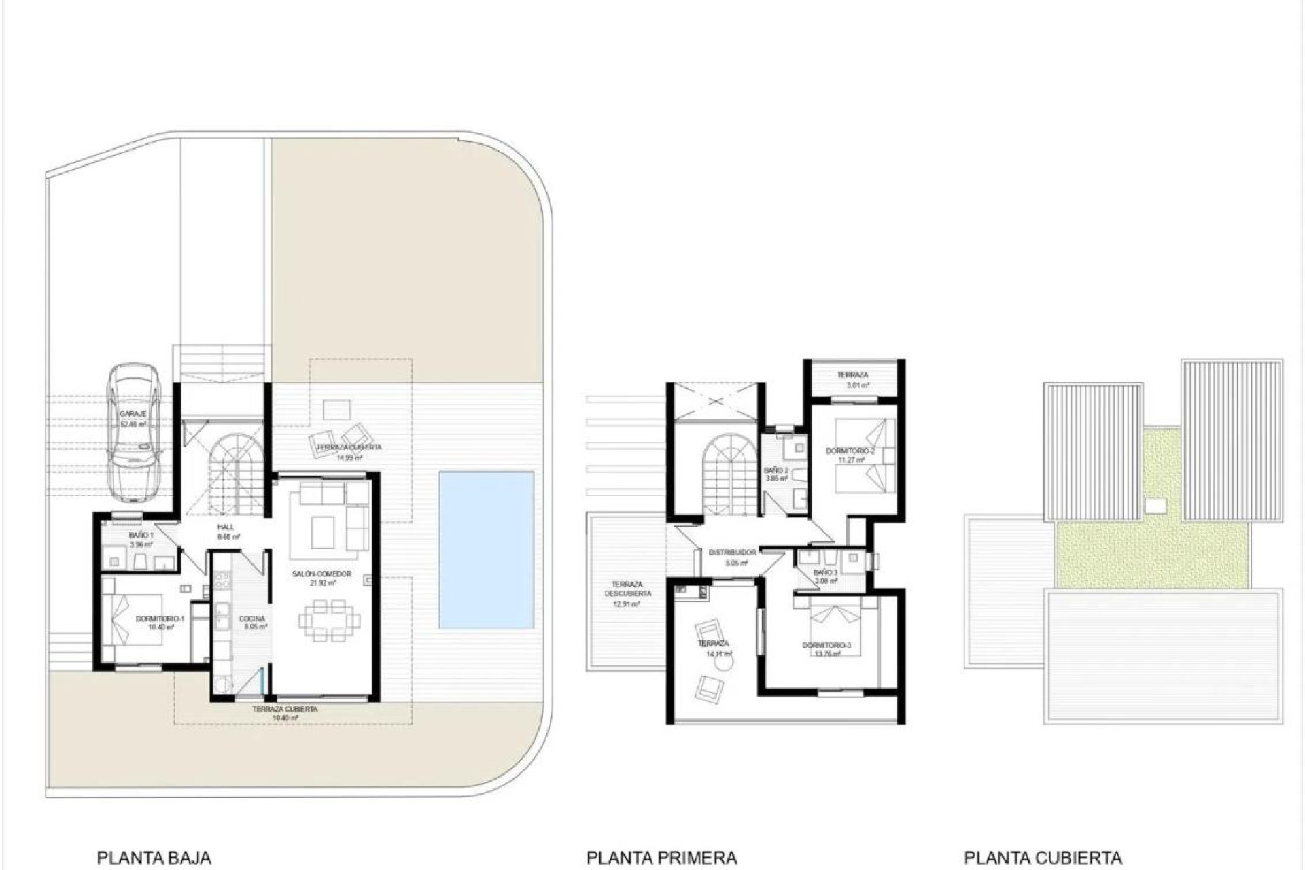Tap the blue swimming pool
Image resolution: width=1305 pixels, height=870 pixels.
pyautogui.click(x=486, y=550)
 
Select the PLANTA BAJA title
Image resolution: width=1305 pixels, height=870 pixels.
pyautogui.click(x=154, y=858)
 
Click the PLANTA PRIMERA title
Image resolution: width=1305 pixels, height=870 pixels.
pyautogui.click(x=661, y=858)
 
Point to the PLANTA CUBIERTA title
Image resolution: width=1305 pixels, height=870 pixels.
pyautogui.click(x=1043, y=858)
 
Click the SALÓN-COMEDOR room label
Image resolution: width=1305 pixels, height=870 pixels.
pyautogui.click(x=321, y=574)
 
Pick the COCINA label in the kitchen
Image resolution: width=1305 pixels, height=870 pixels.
pyautogui.click(x=251, y=619)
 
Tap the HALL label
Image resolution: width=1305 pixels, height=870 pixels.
pyautogui.click(x=226, y=527)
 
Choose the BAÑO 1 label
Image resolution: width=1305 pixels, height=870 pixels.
pyautogui.click(x=141, y=536)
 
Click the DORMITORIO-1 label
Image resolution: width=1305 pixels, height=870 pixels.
pyautogui.click(x=160, y=619)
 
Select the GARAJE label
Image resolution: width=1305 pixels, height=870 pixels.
pyautogui.click(x=133, y=414)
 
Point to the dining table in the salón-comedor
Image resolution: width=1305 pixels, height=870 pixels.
pyautogui.click(x=329, y=620)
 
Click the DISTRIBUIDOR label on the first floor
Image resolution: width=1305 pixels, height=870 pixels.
pyautogui.click(x=732, y=553)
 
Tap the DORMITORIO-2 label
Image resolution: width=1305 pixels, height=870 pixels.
pyautogui.click(x=850, y=451)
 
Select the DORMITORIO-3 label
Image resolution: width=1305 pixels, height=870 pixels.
pyautogui.click(x=826, y=645)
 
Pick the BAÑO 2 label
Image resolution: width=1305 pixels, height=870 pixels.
pyautogui.click(x=776, y=470)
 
